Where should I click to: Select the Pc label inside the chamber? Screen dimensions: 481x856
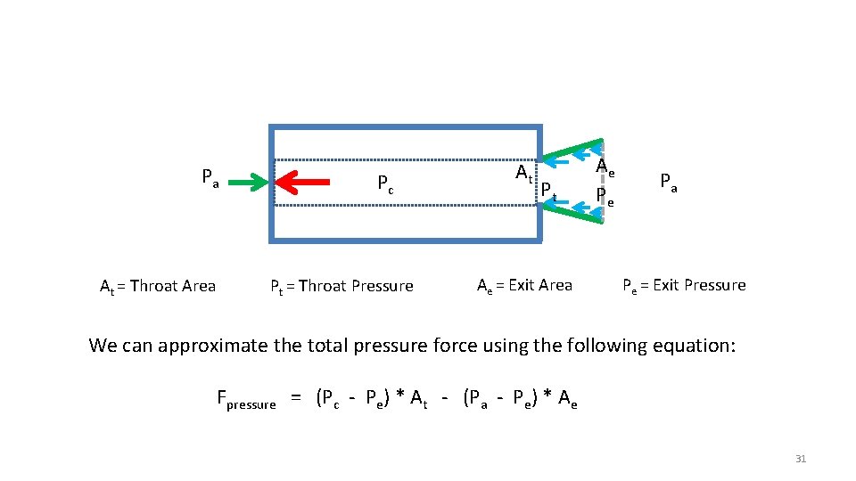tap(385, 184)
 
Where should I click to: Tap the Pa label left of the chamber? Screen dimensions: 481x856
tap(210, 176)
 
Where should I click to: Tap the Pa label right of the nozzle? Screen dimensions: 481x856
tap(669, 182)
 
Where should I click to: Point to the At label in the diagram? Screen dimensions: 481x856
tap(524, 172)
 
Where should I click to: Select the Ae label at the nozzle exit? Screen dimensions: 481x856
tap(605, 167)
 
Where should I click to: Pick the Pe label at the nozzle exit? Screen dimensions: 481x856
tap(605, 193)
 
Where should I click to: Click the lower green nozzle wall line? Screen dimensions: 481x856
tap(575, 213)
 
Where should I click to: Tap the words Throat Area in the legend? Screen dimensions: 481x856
tap(172, 286)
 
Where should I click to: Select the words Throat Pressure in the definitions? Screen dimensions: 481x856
tap(356, 286)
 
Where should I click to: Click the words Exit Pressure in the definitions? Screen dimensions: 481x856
tap(699, 285)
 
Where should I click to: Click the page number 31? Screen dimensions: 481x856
tap(800, 459)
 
